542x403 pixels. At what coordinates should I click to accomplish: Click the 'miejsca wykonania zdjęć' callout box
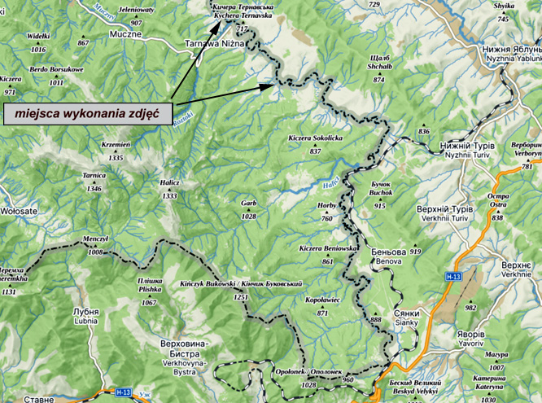point(85,112)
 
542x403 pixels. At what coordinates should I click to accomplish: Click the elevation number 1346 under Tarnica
point(94,188)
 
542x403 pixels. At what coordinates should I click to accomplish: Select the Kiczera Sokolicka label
point(316,138)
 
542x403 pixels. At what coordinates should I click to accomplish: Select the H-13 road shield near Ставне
point(124,392)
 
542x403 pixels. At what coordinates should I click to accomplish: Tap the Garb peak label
point(248,204)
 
